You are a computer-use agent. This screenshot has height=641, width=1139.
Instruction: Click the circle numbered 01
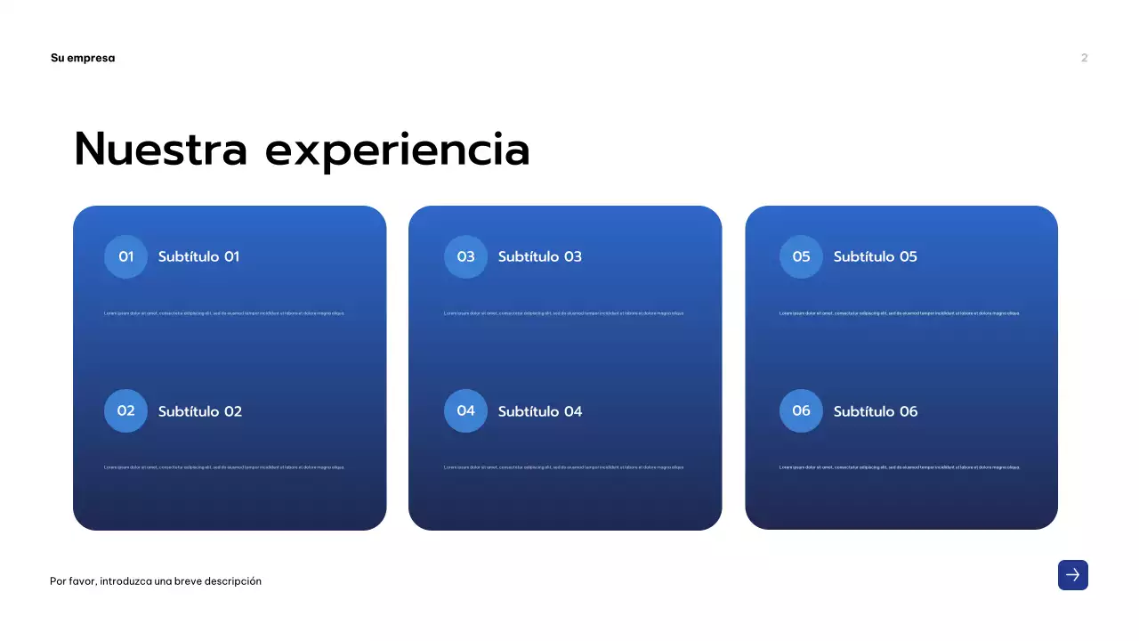pos(125,256)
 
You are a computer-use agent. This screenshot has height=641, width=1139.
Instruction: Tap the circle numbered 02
pos(125,410)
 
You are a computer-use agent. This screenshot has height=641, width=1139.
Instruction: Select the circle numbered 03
pos(465,256)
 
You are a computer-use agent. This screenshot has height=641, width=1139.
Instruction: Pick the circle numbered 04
pos(465,410)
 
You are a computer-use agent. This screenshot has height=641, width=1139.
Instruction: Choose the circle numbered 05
pos(801,256)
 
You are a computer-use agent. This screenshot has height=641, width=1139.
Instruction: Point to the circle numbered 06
pos(801,410)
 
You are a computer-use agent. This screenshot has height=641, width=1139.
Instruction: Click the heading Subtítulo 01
pos(198,256)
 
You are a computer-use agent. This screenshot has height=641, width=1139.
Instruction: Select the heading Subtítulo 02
pos(200,411)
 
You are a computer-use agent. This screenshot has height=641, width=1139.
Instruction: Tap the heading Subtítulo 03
pos(539,256)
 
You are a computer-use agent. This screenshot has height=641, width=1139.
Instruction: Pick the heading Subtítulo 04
pos(539,411)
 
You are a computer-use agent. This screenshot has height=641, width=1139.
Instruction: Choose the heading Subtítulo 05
pos(875,256)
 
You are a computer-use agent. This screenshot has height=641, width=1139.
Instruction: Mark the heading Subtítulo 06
pos(875,411)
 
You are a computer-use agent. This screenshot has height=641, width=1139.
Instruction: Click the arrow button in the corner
pos(1072,575)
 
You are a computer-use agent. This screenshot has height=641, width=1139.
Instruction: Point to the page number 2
pos(1084,58)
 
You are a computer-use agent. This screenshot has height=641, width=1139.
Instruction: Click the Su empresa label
pos(83,58)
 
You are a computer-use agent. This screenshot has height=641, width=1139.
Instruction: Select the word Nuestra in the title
pos(160,149)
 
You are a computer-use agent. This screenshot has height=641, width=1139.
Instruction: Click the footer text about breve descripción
pos(156,581)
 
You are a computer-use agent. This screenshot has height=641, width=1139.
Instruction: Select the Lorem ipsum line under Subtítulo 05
pos(900,313)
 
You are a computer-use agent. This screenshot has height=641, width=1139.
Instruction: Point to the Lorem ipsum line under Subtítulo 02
pos(224,467)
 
